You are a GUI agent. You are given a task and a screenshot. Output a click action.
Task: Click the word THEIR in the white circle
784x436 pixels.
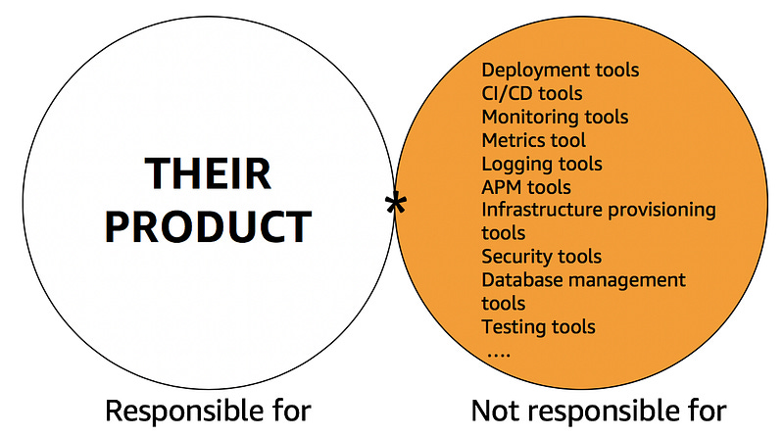pyautogui.click(x=208, y=174)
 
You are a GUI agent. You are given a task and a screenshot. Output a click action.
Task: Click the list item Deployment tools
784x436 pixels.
pyautogui.click(x=560, y=71)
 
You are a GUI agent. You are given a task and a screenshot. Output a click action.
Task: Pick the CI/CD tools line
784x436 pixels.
pyautogui.click(x=531, y=94)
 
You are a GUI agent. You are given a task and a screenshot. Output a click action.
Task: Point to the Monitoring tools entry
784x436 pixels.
pyautogui.click(x=555, y=117)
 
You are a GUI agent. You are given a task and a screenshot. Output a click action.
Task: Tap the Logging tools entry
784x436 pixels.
pyautogui.click(x=541, y=164)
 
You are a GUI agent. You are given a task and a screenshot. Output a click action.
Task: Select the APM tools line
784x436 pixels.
pyautogui.click(x=525, y=187)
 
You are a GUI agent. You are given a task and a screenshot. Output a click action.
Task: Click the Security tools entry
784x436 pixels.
pyautogui.click(x=541, y=257)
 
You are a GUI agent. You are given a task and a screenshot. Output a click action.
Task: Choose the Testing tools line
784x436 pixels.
pyautogui.click(x=538, y=326)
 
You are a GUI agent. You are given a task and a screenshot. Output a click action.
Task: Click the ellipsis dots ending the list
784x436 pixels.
pyautogui.click(x=498, y=351)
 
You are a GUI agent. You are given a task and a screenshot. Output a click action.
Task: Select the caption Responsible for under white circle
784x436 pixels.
pyautogui.click(x=208, y=412)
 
